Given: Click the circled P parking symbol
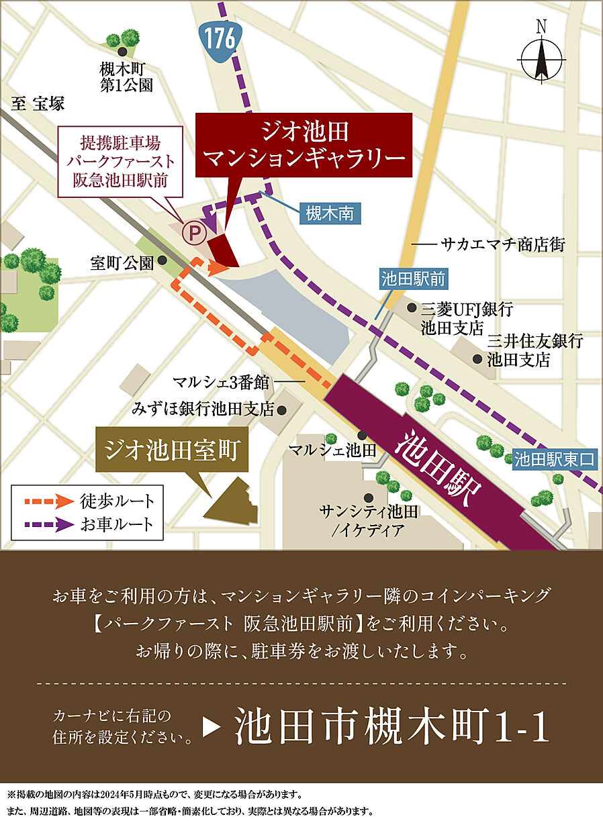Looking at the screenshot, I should coord(195,233).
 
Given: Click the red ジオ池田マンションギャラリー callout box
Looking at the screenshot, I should coord(304,145).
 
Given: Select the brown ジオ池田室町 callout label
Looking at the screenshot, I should coord(173,450).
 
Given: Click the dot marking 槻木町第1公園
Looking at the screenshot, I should coord(122,52).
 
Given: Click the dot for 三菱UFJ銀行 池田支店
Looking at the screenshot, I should coord(412,308).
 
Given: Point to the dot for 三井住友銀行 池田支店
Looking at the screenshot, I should coord(477,359).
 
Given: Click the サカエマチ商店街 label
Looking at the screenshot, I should coord(502,245).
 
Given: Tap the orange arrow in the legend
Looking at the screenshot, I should coord(46,501).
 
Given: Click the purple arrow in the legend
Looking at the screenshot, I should coord(46,524).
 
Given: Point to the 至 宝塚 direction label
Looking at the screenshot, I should coord(38,103).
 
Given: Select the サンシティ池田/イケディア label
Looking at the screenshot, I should coord(369,521).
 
